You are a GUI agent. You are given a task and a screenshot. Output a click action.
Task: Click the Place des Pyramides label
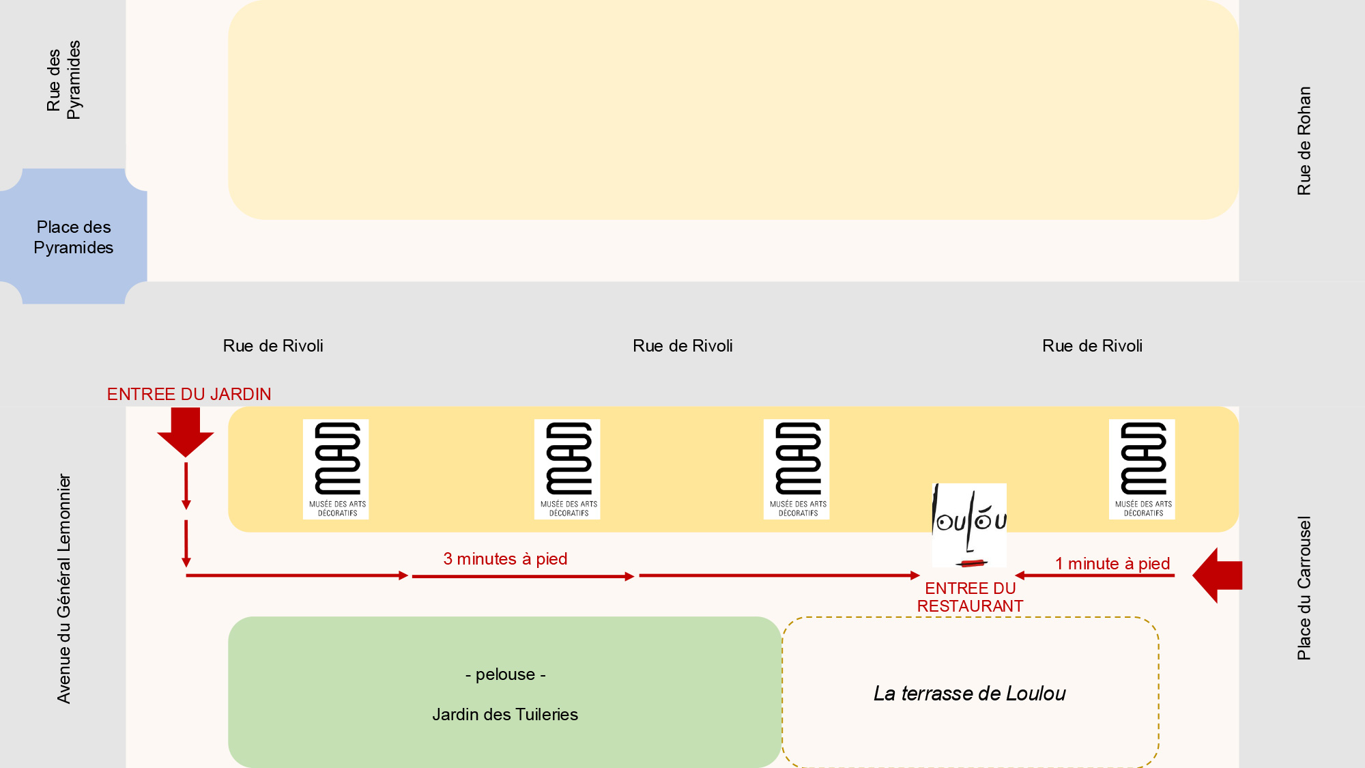point(74,237)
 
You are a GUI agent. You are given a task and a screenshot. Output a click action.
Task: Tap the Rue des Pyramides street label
point(63,80)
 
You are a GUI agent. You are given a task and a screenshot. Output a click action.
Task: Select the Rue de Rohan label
point(1304,141)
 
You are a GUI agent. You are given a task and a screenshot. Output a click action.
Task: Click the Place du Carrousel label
point(1304,588)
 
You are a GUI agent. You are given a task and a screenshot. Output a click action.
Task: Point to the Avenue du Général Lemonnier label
point(63,588)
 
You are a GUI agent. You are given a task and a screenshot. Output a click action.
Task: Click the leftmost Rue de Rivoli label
point(273,346)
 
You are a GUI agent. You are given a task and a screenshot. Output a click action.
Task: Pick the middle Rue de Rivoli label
point(682,346)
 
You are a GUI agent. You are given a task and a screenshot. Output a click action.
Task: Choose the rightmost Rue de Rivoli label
point(1092,346)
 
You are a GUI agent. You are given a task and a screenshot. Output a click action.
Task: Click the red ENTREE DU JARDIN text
point(189,395)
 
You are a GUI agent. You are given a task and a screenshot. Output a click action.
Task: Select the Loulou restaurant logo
point(969,525)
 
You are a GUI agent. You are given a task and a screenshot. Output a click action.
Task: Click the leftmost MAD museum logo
point(336,469)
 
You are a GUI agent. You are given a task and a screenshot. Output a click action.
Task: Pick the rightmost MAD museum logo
point(1142,469)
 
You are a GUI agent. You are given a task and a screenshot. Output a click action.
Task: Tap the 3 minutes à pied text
point(505,559)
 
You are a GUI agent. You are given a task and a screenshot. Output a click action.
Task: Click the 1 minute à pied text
point(1112,564)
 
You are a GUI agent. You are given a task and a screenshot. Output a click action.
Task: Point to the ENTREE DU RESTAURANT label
point(970,597)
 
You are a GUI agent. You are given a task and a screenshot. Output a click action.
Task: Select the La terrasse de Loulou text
point(969,694)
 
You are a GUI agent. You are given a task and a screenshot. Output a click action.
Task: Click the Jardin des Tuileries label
point(505,715)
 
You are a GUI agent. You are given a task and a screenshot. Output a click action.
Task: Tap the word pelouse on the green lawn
point(505,674)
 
